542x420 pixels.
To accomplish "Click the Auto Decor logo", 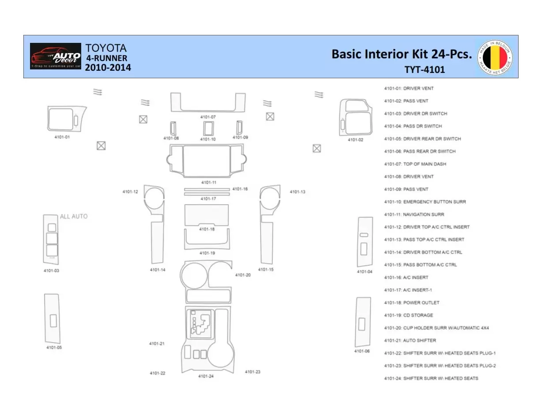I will coord(56,56).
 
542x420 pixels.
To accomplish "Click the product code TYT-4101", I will coord(425,69).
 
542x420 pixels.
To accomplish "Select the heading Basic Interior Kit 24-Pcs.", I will coord(402,54).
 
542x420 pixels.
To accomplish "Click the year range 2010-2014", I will coord(108,68).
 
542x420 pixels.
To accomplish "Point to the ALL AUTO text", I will coord(74,216).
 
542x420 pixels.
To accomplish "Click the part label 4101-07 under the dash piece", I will coord(208,117).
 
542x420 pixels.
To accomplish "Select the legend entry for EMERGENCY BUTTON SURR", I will coord(425,202).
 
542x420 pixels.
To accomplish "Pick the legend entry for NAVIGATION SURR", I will coord(414,214).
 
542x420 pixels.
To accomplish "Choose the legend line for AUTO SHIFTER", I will coord(410,340).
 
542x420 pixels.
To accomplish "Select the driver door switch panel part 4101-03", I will coord(51,239).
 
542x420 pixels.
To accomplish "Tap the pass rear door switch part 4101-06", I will coord(363,321).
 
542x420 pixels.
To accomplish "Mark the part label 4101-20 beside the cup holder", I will coord(243,275).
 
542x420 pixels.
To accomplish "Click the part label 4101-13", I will coord(297,192).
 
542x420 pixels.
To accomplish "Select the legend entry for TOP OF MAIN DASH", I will coord(415,164).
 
